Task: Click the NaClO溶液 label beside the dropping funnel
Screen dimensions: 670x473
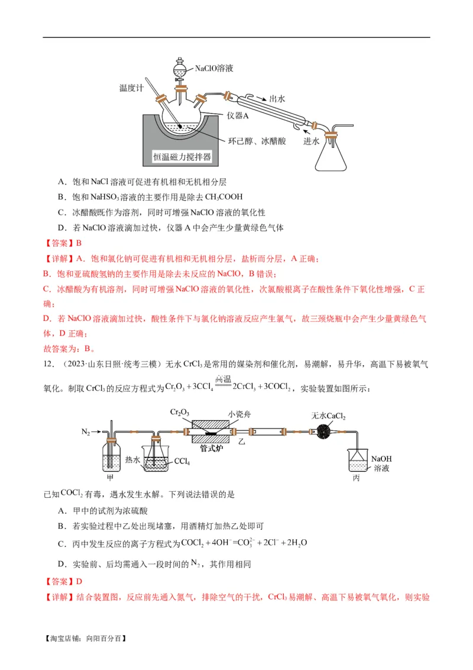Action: (214, 69)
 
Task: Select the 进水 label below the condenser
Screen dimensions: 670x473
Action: (312, 141)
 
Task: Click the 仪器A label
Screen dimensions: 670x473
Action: (238, 115)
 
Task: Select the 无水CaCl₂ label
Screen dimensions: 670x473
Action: (328, 416)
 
